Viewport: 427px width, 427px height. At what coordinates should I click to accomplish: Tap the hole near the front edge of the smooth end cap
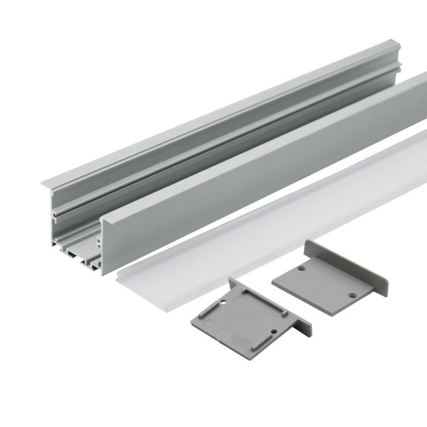click(x=351, y=295)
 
